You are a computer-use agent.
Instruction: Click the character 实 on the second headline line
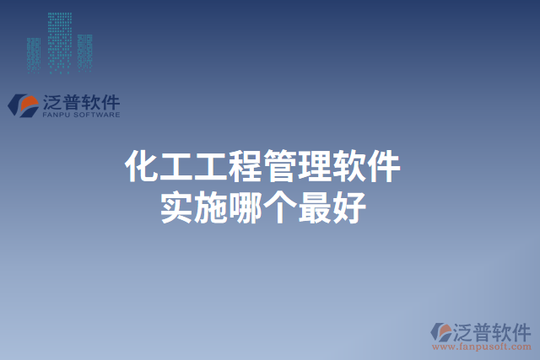pyautogui.click(x=176, y=207)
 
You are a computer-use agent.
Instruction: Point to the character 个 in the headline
pyautogui.click(x=279, y=207)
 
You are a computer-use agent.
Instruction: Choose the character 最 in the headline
pyautogui.click(x=314, y=207)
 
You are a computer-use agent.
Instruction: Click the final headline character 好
pyautogui.click(x=348, y=207)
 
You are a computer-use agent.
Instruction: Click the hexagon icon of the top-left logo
pyautogui.click(x=23, y=105)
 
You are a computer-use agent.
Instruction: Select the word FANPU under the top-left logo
pyautogui.click(x=56, y=115)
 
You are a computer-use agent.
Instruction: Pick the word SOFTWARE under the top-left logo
pyautogui.click(x=96, y=115)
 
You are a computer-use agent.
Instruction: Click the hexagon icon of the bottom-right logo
pyautogui.click(x=441, y=332)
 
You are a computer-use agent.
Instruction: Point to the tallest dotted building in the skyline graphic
pyautogui.click(x=59, y=38)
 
